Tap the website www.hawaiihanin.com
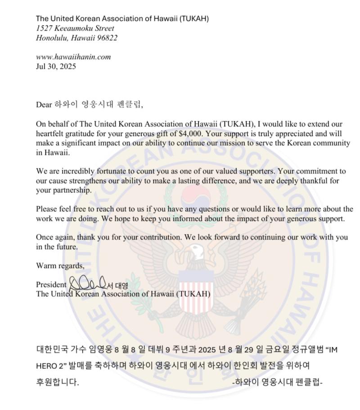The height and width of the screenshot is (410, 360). (73, 57)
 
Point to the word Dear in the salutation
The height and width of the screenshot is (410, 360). (44, 105)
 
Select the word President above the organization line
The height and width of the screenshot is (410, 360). (51, 285)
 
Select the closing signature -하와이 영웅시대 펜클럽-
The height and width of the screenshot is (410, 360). (278, 382)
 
